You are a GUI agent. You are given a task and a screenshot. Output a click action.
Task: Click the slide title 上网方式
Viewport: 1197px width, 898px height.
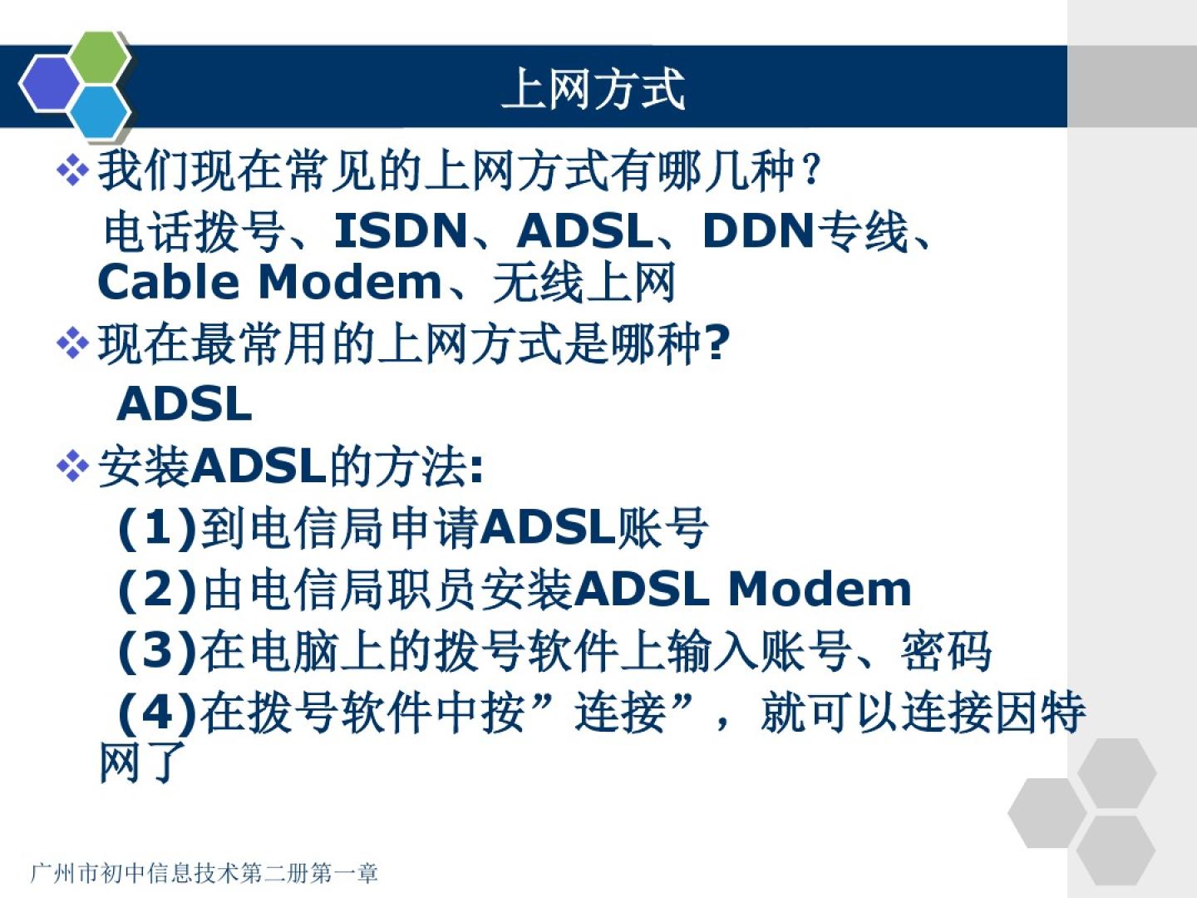click(593, 88)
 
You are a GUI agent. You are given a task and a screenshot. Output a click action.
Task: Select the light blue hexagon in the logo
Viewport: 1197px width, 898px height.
click(100, 113)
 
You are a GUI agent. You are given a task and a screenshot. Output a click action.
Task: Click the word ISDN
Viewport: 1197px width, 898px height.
click(400, 230)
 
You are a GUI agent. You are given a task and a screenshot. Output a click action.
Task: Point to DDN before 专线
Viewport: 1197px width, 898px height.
click(758, 230)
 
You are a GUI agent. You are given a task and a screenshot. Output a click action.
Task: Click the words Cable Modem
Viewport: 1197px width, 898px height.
click(269, 283)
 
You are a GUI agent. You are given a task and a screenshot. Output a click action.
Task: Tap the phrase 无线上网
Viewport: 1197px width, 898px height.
click(584, 282)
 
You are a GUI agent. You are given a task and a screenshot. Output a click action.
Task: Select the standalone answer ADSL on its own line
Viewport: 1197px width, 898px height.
click(185, 404)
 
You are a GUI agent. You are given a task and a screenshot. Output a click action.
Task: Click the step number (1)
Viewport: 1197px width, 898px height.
click(157, 528)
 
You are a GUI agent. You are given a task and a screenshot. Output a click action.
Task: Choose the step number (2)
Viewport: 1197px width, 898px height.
click(157, 590)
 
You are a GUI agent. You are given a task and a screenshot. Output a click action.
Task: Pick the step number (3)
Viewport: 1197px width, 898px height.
click(157, 651)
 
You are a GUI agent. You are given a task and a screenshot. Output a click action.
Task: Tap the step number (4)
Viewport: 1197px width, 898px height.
click(157, 713)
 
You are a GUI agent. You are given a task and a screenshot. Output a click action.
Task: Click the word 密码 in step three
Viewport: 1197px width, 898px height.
click(946, 651)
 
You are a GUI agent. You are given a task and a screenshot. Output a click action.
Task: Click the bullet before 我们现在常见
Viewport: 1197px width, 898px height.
click(72, 170)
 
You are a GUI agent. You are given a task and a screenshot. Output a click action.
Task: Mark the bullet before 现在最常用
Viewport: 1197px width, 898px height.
click(72, 344)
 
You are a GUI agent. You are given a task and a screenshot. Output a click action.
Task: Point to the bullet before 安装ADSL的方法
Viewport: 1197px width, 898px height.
click(72, 466)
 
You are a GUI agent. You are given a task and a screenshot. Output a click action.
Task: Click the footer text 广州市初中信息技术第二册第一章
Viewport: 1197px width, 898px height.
click(204, 873)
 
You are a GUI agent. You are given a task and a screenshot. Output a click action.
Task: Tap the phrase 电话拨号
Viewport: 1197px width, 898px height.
click(194, 231)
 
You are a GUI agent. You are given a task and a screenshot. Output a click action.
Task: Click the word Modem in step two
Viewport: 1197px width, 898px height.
click(820, 590)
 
